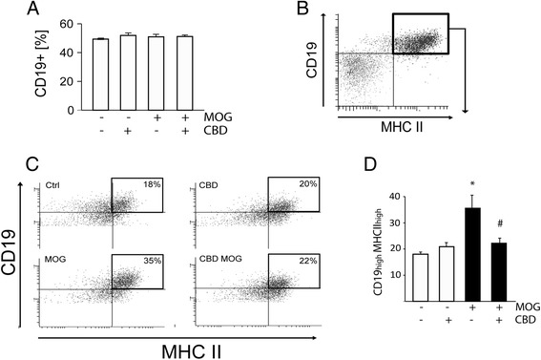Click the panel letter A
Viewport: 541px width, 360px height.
pyautogui.click(x=34, y=11)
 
